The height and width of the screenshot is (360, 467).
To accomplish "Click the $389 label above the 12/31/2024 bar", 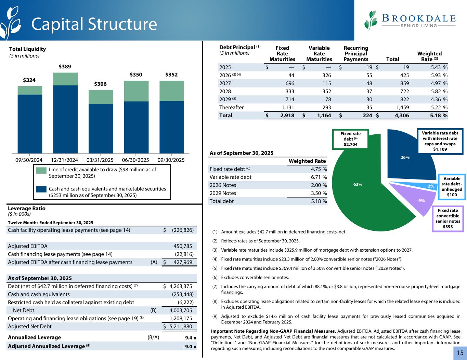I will coord(65,66).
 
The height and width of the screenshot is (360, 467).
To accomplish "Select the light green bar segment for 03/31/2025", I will coord(101,97).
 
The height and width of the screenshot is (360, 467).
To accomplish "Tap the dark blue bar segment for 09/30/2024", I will coord(30,124).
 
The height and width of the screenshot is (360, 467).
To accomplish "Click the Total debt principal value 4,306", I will coord(400,116).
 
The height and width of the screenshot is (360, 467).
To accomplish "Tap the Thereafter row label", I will coord(231,107).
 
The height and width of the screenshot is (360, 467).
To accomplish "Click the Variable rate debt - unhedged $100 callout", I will coord(452,187).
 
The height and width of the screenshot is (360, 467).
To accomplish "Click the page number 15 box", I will coord(460,353).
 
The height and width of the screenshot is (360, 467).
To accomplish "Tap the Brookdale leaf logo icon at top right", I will coord(371,20).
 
